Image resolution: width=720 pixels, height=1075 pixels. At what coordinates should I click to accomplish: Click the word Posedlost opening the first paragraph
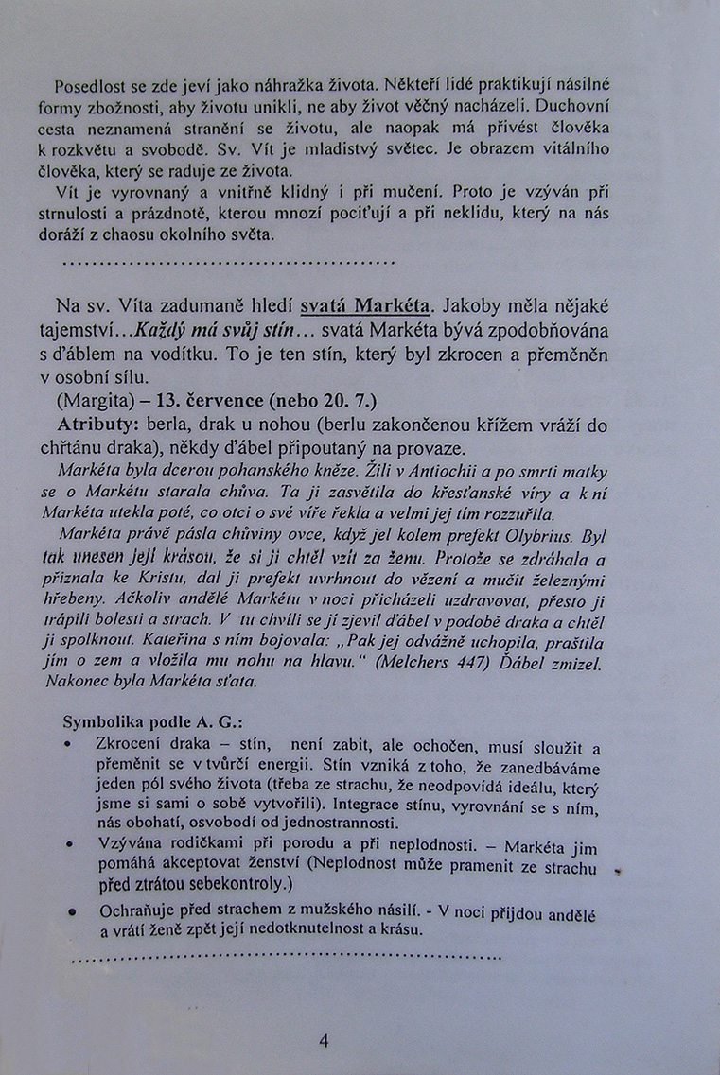click(90, 85)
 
